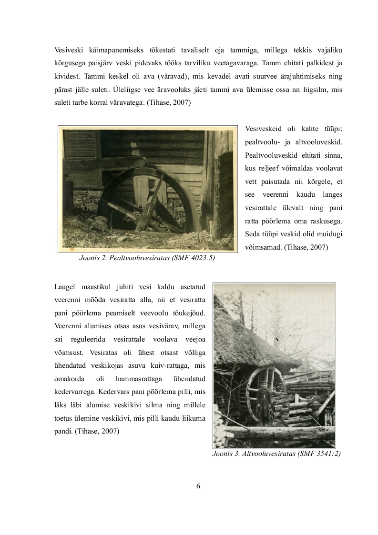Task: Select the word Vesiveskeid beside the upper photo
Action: point(264,130)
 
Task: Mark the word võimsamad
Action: point(263,248)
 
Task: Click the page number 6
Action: point(198,486)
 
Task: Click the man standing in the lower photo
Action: point(264,403)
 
